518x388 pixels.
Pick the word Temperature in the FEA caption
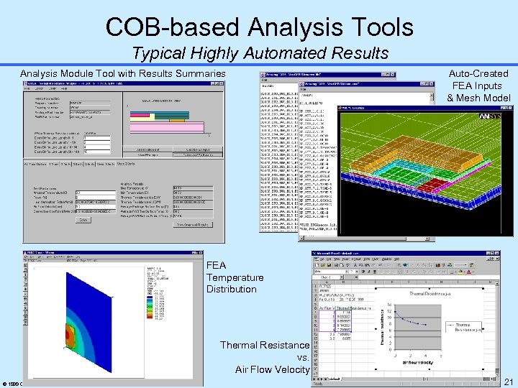tap(235, 277)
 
